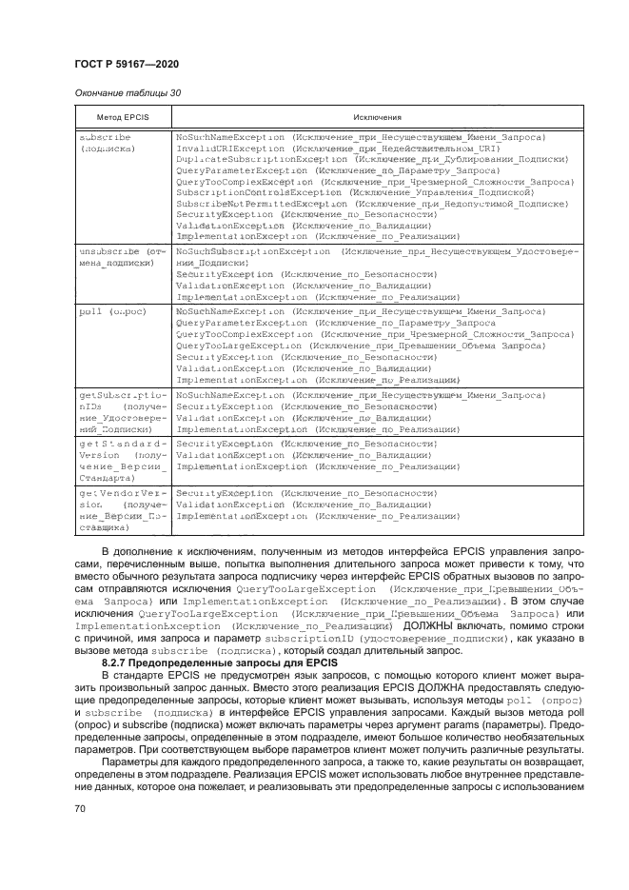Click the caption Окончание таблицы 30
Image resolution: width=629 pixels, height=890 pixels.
(x=124, y=92)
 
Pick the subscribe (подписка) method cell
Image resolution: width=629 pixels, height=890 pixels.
(x=106, y=144)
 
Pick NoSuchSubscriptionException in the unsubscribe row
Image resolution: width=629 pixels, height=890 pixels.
(x=245, y=249)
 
